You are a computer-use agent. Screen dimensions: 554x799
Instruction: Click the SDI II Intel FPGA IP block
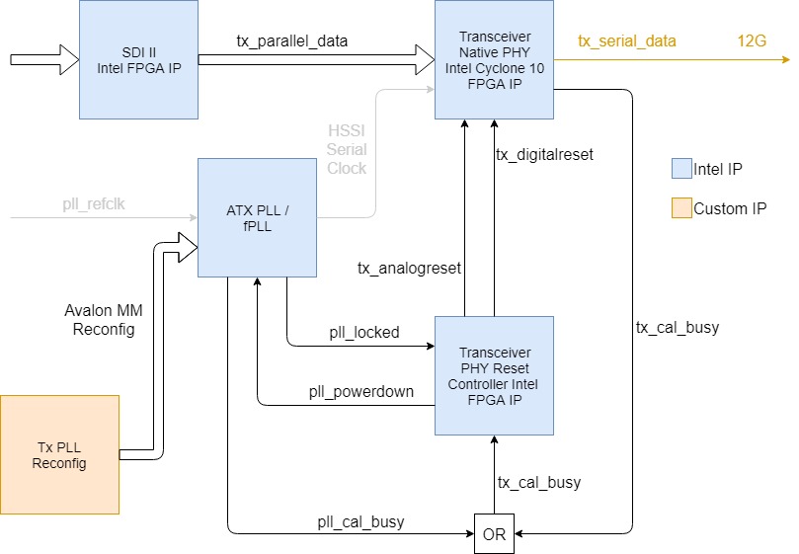pyautogui.click(x=138, y=59)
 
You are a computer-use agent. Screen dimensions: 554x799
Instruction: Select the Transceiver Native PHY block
pyautogui.click(x=494, y=59)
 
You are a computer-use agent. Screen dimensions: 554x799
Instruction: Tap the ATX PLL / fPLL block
pyautogui.click(x=257, y=217)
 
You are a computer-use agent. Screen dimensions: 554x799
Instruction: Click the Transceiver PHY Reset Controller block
pyautogui.click(x=494, y=375)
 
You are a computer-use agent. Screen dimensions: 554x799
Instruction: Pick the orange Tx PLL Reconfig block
pyautogui.click(x=59, y=454)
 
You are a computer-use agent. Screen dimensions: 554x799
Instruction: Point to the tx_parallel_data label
pyautogui.click(x=292, y=40)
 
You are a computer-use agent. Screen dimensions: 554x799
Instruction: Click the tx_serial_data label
pyautogui.click(x=627, y=40)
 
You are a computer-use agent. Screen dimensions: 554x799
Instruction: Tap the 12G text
pyautogui.click(x=752, y=40)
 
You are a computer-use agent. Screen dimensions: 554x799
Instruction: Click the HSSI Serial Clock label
pyautogui.click(x=347, y=149)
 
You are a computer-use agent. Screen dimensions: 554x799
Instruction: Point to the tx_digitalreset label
pyautogui.click(x=544, y=154)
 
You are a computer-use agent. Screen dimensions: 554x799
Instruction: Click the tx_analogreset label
pyautogui.click(x=409, y=268)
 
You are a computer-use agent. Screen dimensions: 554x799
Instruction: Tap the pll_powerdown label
pyautogui.click(x=360, y=391)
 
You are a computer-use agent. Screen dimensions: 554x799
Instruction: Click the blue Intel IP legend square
pyautogui.click(x=679, y=169)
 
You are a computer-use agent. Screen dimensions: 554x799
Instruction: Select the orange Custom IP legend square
pyautogui.click(x=679, y=208)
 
